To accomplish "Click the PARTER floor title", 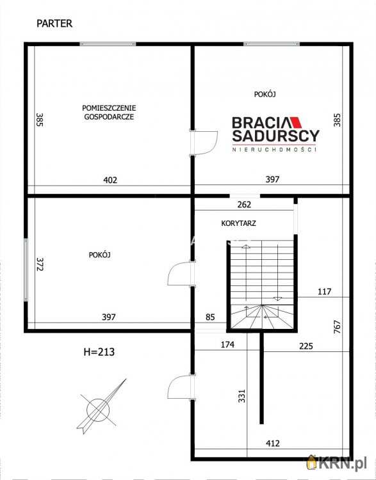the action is [x=54, y=24].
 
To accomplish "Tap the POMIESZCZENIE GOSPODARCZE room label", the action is [x=109, y=113].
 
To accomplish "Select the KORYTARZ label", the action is [x=239, y=223].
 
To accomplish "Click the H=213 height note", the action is [x=99, y=352].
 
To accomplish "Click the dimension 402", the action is [x=110, y=180].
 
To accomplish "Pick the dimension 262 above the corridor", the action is [x=244, y=205].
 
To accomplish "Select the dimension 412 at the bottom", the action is [x=273, y=444].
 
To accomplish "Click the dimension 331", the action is [x=242, y=396].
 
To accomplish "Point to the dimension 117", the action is [x=325, y=291].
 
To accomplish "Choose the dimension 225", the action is [x=306, y=346].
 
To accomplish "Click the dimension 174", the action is [x=227, y=345].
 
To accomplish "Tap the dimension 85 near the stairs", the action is [x=210, y=317].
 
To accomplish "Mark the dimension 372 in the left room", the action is [x=40, y=264].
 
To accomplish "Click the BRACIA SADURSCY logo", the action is [x=275, y=134].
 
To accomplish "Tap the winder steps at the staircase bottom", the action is [x=262, y=317].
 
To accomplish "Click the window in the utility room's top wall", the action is [x=108, y=44].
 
